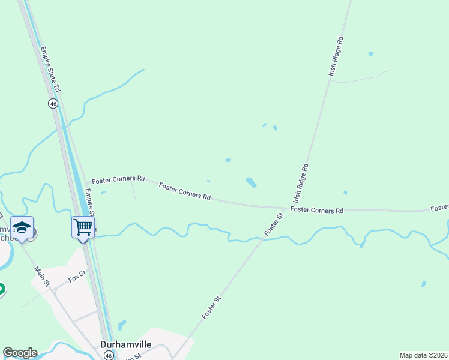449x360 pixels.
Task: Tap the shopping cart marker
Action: (82, 227)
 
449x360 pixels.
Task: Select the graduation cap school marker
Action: (22, 227)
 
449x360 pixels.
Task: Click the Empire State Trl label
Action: (51, 69)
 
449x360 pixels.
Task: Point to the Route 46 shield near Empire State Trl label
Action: (53, 104)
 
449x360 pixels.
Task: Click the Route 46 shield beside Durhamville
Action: (108, 355)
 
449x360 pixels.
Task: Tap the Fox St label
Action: (77, 278)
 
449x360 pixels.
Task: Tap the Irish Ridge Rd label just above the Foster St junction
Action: (301, 182)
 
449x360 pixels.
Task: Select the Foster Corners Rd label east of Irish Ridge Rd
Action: (316, 210)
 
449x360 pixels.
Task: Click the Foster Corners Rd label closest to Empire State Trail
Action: (119, 179)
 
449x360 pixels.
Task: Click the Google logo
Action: (20, 353)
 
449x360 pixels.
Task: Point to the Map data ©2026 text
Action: (423, 355)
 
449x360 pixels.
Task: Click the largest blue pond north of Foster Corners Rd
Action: (251, 182)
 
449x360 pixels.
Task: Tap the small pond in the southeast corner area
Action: (424, 284)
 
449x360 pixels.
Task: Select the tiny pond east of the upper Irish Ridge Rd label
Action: (370, 54)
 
